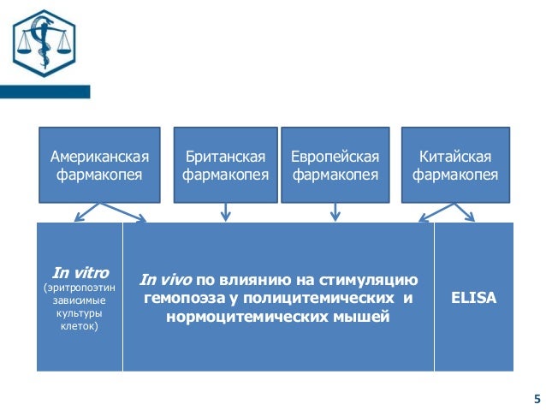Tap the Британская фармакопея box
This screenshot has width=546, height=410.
click(x=226, y=165)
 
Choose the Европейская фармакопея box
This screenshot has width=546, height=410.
click(x=335, y=165)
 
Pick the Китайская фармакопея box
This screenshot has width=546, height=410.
click(x=455, y=165)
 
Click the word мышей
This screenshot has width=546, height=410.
click(x=364, y=318)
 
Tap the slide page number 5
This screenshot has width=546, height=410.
click(x=537, y=398)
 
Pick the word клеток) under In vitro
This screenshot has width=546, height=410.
click(x=80, y=327)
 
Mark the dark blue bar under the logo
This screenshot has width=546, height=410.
click(x=45, y=92)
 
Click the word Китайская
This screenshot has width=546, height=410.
click(x=455, y=157)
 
